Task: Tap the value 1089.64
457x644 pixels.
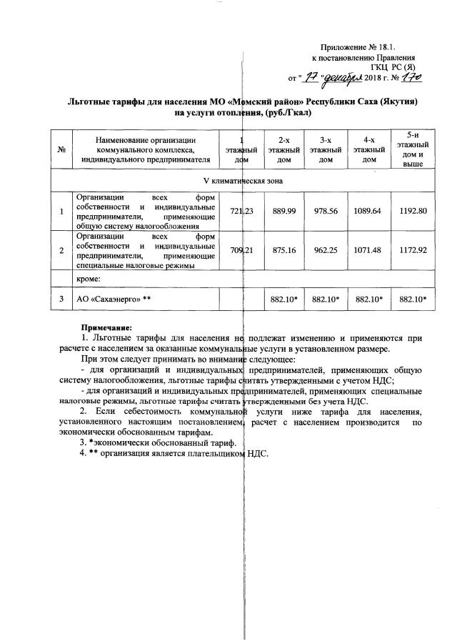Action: (368, 211)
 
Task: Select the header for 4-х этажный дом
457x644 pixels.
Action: (368, 149)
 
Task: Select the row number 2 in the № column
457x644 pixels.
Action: (62, 250)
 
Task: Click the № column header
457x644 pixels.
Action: (62, 149)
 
